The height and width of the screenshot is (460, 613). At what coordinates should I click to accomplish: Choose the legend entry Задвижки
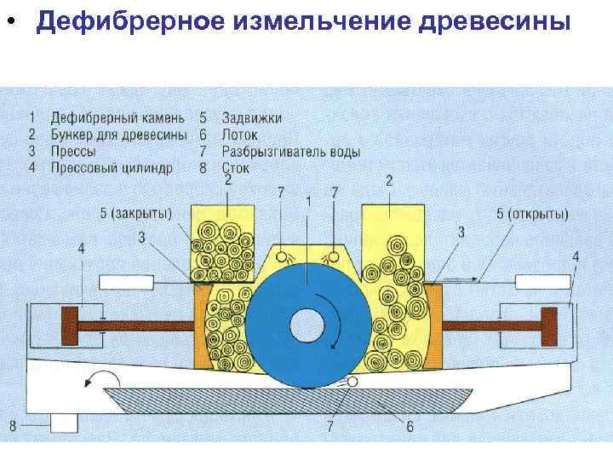[x=252, y=118]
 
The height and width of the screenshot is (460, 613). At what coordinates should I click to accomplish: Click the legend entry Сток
[x=235, y=168]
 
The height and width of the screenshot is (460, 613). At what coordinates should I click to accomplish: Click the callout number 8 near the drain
[x=13, y=424]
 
